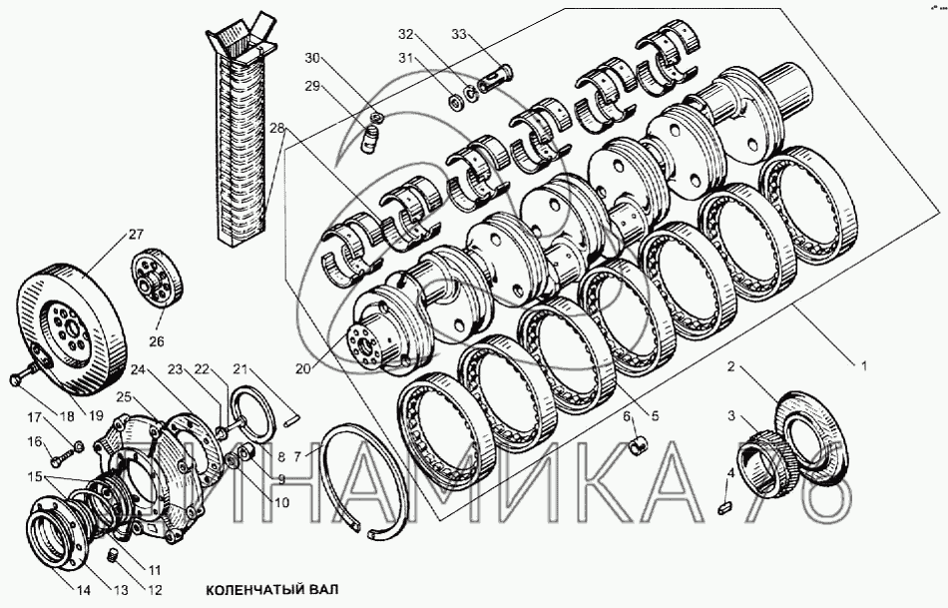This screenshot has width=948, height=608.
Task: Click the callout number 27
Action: pos(135,236)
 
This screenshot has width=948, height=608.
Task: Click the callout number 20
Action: pos(301,368)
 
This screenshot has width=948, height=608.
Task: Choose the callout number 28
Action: pos(276,128)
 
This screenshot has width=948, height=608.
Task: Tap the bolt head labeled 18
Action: pos(17,379)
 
